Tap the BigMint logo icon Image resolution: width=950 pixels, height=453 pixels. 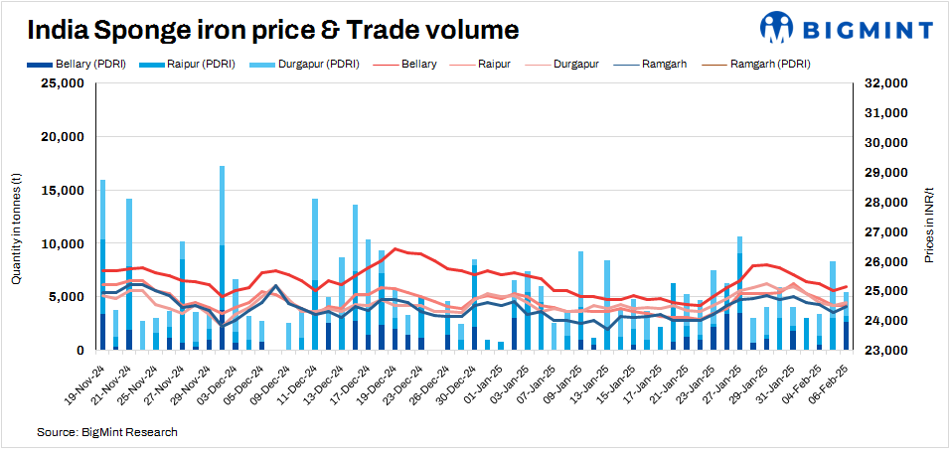tap(775, 28)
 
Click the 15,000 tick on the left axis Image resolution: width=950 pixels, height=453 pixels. tap(61, 191)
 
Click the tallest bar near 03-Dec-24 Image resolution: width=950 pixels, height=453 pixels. tap(222, 258)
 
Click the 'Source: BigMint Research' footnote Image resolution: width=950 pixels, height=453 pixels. tap(107, 433)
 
